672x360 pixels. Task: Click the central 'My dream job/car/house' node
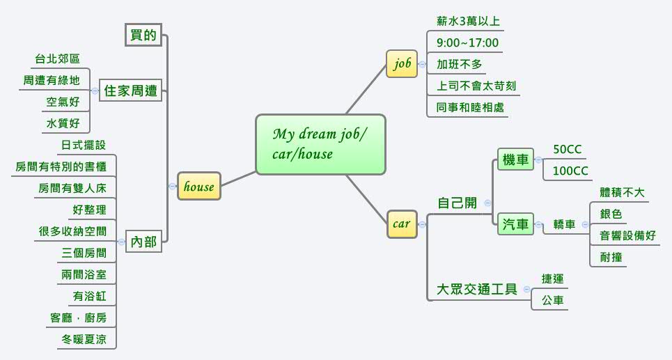coord(320,144)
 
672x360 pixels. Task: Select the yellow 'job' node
coord(403,64)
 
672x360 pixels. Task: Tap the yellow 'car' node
coord(402,224)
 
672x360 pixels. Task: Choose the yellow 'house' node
coord(198,186)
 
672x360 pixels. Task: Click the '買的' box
coord(143,35)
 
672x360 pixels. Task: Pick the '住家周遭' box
coord(130,91)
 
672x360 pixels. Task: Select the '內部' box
coord(143,242)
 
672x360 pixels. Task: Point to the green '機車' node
coord(515,159)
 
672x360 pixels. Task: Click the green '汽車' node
coord(515,224)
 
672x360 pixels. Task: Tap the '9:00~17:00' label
coord(467,43)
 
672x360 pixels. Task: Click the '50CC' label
coord(567,150)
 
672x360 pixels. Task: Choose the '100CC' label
coord(570,171)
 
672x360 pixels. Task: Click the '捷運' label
coord(553,279)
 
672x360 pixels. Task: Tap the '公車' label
coord(553,301)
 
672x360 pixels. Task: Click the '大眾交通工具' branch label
coord(476,289)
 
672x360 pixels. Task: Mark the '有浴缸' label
coord(89,297)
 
